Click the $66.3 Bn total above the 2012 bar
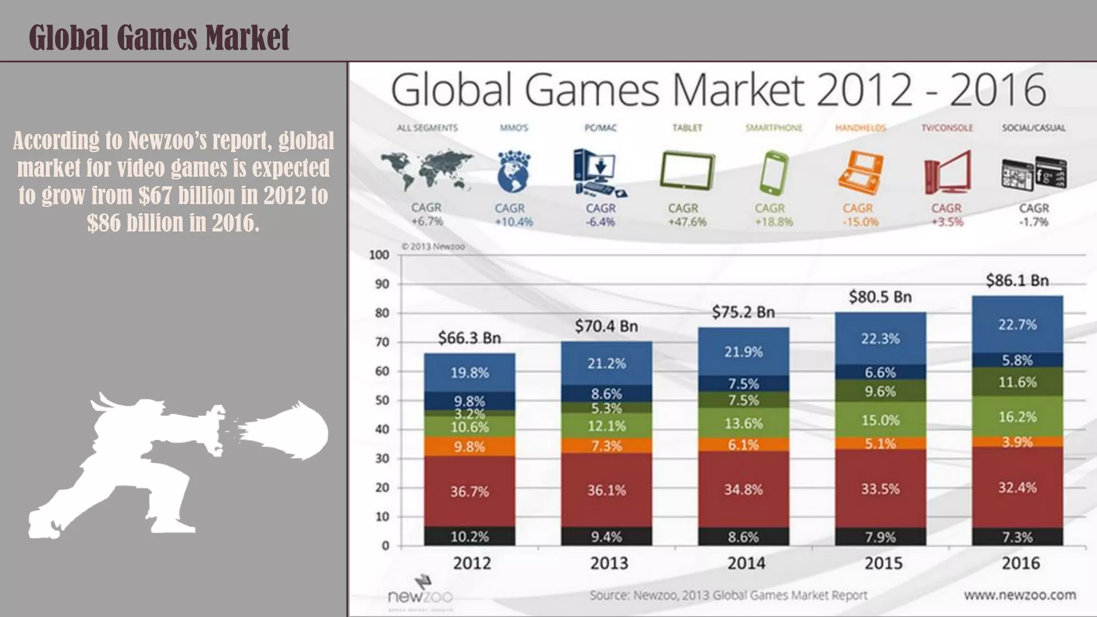[469, 338]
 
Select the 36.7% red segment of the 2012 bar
[469, 491]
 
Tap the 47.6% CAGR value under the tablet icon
[687, 222]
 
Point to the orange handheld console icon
[860, 172]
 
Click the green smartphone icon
[773, 172]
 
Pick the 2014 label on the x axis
[746, 563]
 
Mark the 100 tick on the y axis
[379, 255]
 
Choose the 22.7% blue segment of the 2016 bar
[1017, 325]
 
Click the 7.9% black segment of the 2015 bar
[880, 537]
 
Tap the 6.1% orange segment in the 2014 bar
[743, 445]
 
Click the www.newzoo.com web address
[1020, 595]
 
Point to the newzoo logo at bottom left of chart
[421, 592]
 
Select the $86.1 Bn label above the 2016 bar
[1017, 281]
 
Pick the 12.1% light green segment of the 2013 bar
[606, 426]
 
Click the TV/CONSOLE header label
[947, 128]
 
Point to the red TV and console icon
[947, 172]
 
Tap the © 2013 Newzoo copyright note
[433, 247]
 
